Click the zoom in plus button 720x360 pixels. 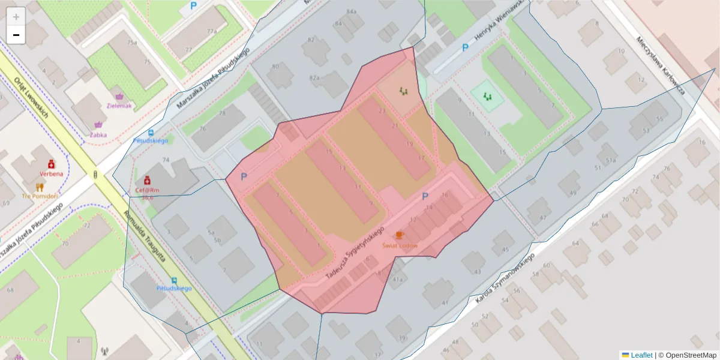[x=16, y=16]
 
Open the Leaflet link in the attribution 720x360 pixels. [x=641, y=355]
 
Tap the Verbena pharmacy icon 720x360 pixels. [x=51, y=164]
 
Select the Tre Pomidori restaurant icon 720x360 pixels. [x=40, y=187]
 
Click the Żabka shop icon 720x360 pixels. [x=98, y=125]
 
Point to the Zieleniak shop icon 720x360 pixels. [x=119, y=96]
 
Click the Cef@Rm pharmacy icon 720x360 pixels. [x=147, y=180]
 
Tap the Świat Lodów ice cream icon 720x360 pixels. [x=400, y=235]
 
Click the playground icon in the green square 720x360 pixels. [x=488, y=95]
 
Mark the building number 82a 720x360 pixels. [x=314, y=78]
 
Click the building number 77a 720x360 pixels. [x=211, y=31]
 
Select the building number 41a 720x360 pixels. [x=397, y=279]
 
